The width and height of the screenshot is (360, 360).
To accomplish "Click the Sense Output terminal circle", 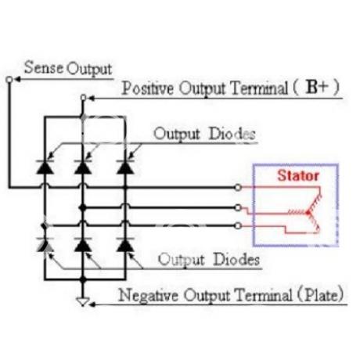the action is [9, 79].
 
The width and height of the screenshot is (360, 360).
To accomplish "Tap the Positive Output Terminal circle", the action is [83, 98].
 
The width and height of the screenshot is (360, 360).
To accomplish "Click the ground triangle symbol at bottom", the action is [83, 301].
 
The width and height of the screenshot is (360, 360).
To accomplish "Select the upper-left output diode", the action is [45, 167].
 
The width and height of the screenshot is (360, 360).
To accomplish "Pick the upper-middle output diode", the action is [83, 167].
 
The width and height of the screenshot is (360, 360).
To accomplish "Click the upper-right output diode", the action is [125, 167].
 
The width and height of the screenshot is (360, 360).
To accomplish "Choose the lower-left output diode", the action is [45, 245].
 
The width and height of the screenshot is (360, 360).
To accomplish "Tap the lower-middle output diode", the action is [83, 245].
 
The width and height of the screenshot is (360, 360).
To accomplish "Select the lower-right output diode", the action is [125, 245].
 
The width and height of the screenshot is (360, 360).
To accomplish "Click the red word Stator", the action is [298, 175].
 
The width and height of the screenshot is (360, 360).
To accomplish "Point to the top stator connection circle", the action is [238, 187].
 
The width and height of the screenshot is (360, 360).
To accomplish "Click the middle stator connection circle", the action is [238, 207].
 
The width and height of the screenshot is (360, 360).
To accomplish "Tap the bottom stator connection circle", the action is [238, 225].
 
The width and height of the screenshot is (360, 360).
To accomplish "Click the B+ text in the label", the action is [316, 87].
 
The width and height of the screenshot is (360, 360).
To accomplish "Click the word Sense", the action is [44, 67].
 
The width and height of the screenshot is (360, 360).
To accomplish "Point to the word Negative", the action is [149, 296].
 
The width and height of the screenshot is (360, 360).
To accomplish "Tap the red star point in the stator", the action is [308, 213].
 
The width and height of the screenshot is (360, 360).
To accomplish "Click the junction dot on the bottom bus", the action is [83, 279].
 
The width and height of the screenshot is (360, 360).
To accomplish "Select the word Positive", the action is [148, 88].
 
